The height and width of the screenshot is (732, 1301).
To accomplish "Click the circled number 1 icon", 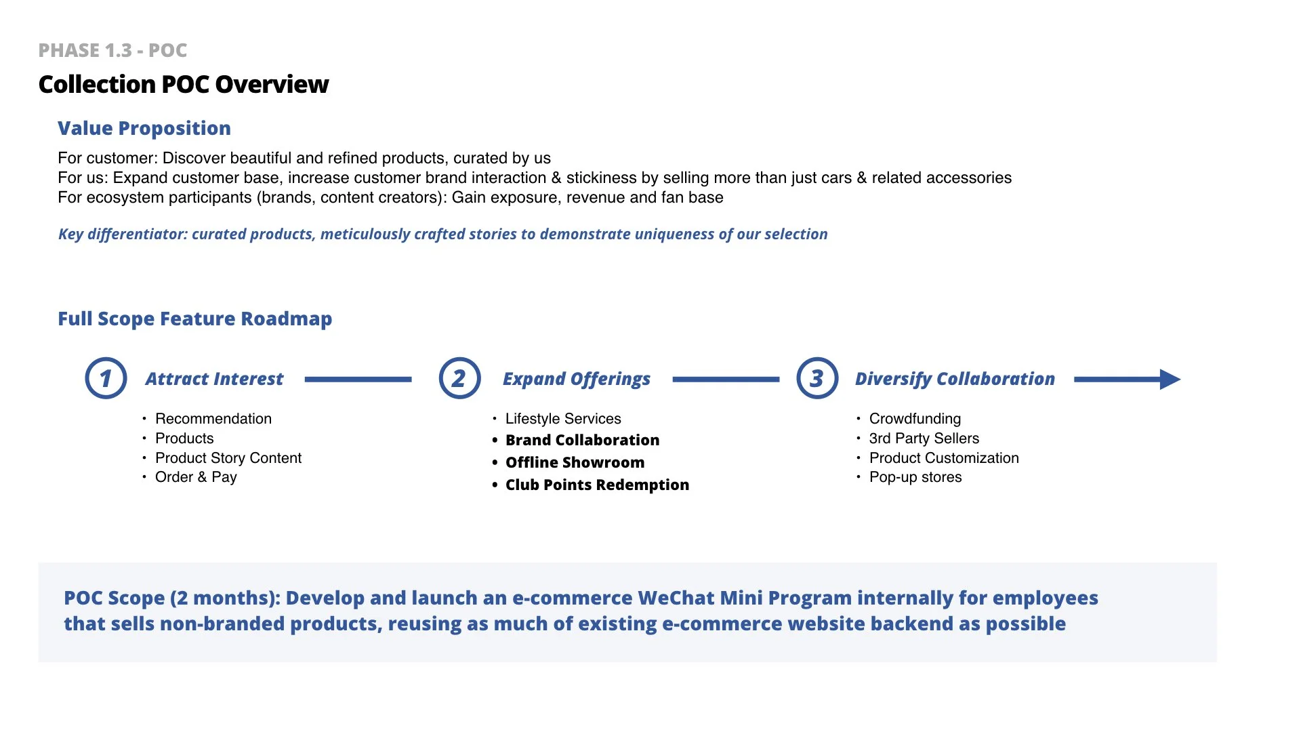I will (x=106, y=378).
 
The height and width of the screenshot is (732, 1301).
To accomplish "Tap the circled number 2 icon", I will (x=459, y=378).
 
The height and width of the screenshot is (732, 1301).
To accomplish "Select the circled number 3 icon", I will (x=817, y=378).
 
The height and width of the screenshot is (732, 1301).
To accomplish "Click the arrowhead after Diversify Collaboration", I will (x=1170, y=379).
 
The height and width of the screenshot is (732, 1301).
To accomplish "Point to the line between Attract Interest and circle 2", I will (x=358, y=380).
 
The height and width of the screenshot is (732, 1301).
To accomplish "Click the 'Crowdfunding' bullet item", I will (x=915, y=419).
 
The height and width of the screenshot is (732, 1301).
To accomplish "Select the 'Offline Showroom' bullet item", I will (x=575, y=462).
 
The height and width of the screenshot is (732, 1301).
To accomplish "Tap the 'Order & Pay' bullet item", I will (x=196, y=477).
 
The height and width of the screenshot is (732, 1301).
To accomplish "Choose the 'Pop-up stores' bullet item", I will (x=915, y=477).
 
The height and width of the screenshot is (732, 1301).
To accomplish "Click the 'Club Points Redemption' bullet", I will (x=597, y=485).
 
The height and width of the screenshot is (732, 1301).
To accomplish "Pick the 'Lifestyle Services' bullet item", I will (x=563, y=419).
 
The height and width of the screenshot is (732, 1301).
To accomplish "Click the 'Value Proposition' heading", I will (x=144, y=128).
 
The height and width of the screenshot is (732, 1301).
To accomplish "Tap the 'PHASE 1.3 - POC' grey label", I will (x=112, y=51).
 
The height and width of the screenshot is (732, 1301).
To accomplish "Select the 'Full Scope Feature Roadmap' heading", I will (x=194, y=319).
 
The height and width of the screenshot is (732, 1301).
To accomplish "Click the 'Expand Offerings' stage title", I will (x=576, y=379).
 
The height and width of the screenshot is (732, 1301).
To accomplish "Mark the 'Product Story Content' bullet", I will (x=228, y=458).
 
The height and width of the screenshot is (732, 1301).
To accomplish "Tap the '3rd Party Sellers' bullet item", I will (x=924, y=439).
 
